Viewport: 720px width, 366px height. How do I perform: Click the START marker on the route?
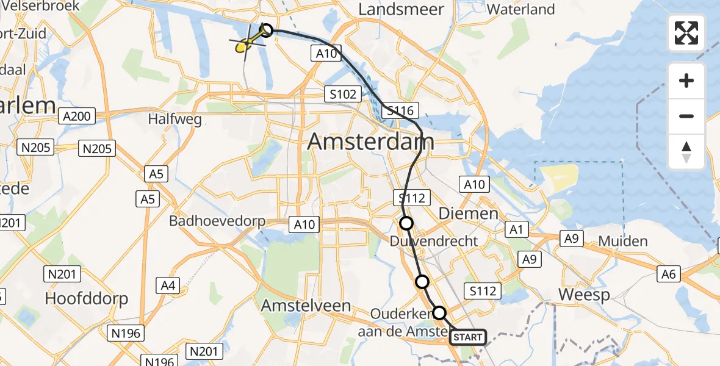[468, 337]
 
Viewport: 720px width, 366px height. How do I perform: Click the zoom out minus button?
[686, 116]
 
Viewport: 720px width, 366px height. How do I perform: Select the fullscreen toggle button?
[686, 33]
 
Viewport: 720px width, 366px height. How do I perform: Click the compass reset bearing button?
[686, 152]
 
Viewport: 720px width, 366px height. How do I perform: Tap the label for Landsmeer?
[396, 9]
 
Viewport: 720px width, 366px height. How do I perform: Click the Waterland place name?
[521, 9]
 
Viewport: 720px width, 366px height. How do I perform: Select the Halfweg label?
[175, 120]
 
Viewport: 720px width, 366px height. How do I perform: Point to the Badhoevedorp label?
[218, 221]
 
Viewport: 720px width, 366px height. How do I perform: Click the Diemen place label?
[469, 213]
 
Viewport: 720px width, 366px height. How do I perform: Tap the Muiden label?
[623, 241]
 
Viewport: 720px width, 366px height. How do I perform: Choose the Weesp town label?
[584, 295]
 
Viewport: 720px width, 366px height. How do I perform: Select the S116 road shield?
[400, 111]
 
